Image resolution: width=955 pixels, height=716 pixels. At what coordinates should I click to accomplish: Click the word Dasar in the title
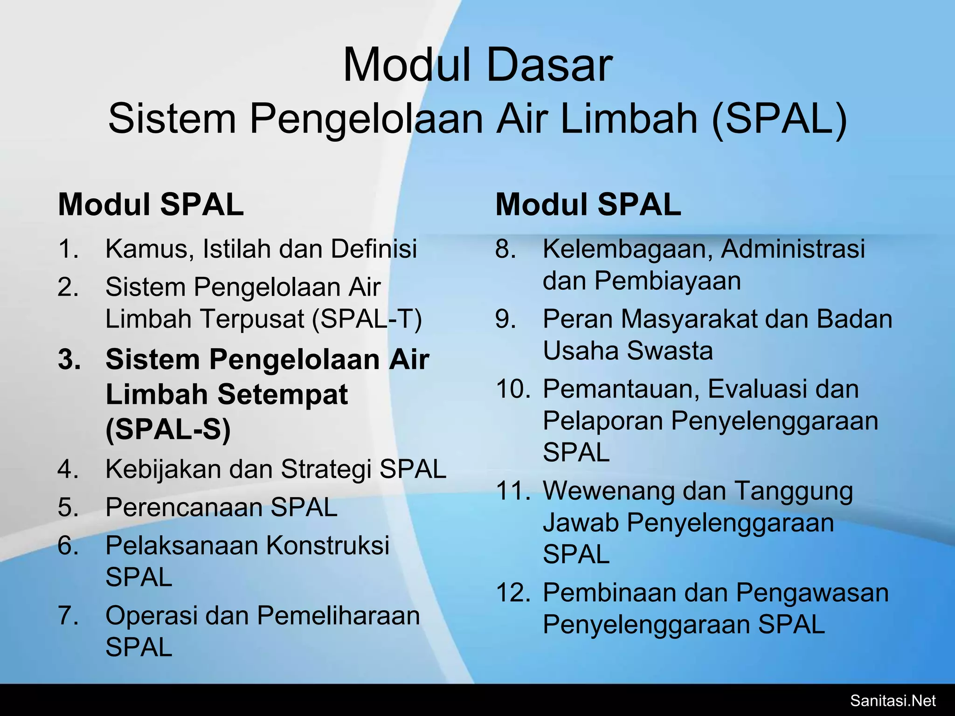548,66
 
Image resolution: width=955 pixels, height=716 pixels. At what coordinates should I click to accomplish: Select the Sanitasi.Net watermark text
893,700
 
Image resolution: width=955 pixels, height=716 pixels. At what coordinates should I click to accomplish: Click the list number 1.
68,248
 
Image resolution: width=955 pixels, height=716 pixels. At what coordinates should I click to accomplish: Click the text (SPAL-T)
367,319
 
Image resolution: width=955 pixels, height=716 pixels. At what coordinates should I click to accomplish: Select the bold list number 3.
69,360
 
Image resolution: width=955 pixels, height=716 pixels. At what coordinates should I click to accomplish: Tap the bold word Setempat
283,394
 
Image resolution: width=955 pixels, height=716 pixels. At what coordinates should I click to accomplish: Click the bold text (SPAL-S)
168,429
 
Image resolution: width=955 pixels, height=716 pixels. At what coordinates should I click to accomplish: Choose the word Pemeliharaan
339,616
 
